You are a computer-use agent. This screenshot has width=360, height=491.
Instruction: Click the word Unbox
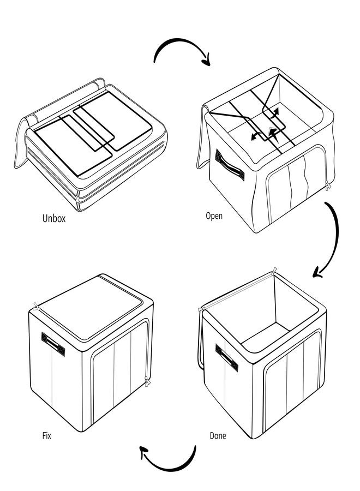(x=54, y=218)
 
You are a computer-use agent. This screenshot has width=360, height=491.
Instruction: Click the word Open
(x=214, y=215)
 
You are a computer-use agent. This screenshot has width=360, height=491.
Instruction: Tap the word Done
(x=218, y=435)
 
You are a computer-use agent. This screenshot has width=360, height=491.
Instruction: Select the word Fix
(x=47, y=435)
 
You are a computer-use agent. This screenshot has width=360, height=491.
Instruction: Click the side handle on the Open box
(x=230, y=165)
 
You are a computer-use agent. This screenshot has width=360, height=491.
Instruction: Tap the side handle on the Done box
(x=227, y=357)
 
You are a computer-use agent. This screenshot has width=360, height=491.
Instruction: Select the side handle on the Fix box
(x=53, y=344)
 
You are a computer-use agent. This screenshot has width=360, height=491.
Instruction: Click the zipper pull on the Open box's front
(x=328, y=185)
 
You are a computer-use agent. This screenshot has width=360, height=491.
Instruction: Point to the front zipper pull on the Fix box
(x=147, y=381)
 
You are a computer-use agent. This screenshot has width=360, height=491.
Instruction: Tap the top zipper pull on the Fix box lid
(x=37, y=306)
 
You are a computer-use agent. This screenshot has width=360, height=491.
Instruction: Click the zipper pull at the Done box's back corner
(x=274, y=271)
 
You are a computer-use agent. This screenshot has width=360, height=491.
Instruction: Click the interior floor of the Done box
(x=265, y=337)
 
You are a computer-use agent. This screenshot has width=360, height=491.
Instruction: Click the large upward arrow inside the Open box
(x=273, y=135)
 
